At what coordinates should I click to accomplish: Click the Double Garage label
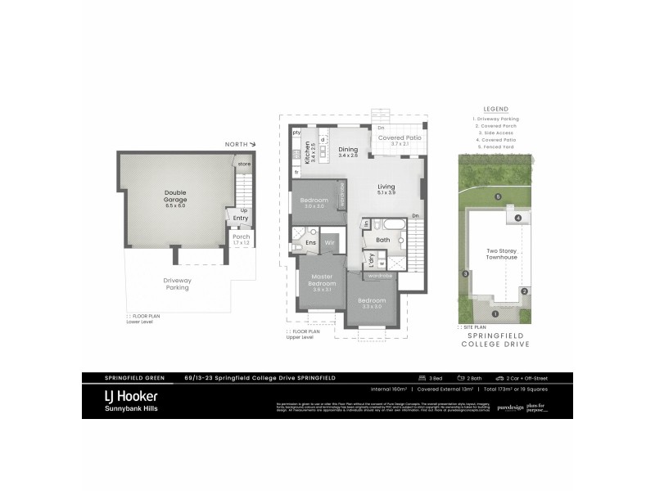pyautogui.click(x=175, y=197)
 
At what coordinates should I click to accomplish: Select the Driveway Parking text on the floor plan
pyautogui.click(x=178, y=283)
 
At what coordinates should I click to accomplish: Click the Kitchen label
pyautogui.click(x=309, y=153)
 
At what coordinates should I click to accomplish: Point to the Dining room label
pyautogui.click(x=350, y=150)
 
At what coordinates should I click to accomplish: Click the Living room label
pyautogui.click(x=386, y=187)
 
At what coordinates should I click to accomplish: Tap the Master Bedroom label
pyautogui.click(x=323, y=281)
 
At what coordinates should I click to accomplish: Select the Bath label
pyautogui.click(x=382, y=240)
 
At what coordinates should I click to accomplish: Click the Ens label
pyautogui.click(x=311, y=243)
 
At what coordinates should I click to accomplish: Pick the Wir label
pyautogui.click(x=330, y=243)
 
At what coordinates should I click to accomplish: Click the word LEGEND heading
pyautogui.click(x=495, y=109)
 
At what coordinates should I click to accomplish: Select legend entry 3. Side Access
pyautogui.click(x=495, y=133)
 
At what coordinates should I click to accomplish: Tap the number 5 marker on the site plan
pyautogui.click(x=499, y=196)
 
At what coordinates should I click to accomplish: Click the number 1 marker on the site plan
pyautogui.click(x=495, y=313)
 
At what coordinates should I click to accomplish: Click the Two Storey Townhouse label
pyautogui.click(x=502, y=254)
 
